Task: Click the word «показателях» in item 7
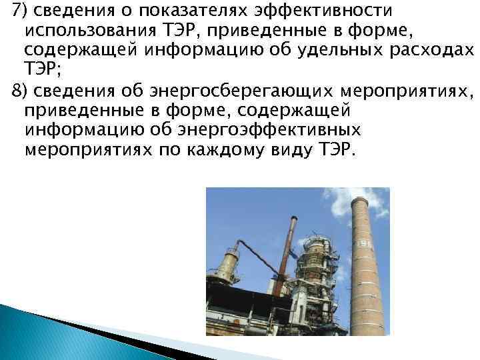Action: coord(185,12)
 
